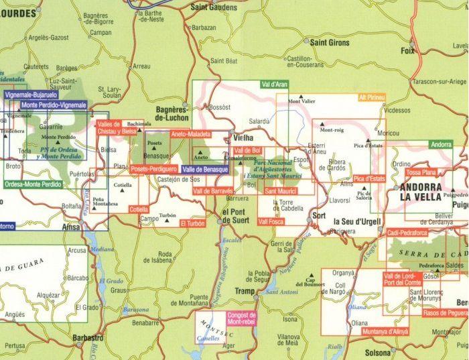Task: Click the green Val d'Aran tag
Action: pos(274,84)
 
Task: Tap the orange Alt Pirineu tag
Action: pos(372,97)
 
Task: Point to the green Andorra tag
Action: pos(441,144)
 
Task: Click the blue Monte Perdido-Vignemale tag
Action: pos(54,105)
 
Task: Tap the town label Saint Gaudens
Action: pos(214,7)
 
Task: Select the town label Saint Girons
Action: pos(330,43)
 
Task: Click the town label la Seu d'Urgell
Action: pos(356,222)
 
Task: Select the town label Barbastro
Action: pos(87,337)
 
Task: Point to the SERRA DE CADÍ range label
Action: pos(429,252)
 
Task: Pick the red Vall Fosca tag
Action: pos(271,221)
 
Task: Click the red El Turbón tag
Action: pos(192,223)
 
